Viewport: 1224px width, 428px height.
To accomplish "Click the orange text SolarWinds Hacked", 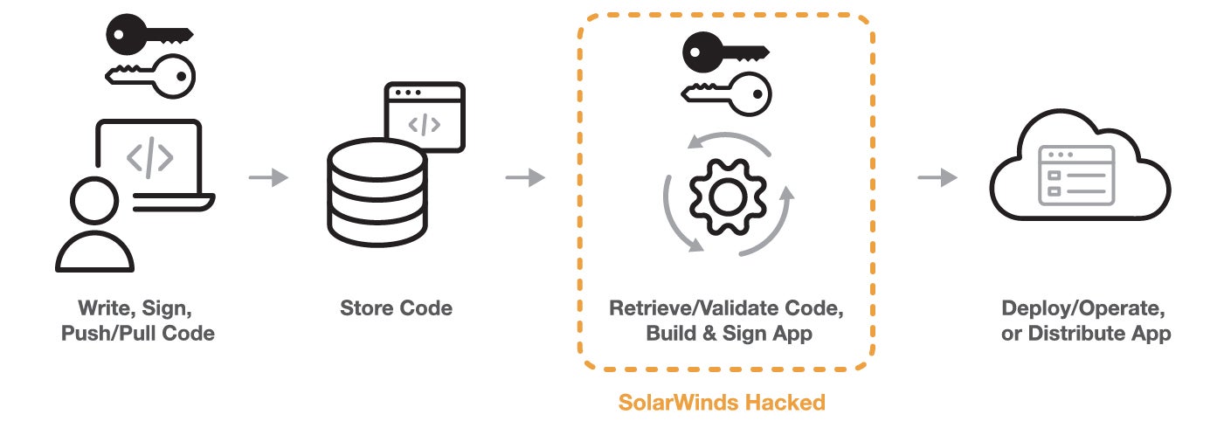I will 722,403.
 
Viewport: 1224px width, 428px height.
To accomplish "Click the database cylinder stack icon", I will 378,194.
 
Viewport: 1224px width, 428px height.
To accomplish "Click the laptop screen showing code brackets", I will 150,157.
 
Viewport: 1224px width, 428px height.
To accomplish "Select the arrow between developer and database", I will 267,178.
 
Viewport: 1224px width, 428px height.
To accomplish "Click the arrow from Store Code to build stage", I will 524,178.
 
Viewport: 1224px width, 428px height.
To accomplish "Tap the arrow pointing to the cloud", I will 937,178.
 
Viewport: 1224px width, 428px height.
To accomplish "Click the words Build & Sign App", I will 729,334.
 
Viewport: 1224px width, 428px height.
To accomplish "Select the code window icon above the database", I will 425,116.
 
